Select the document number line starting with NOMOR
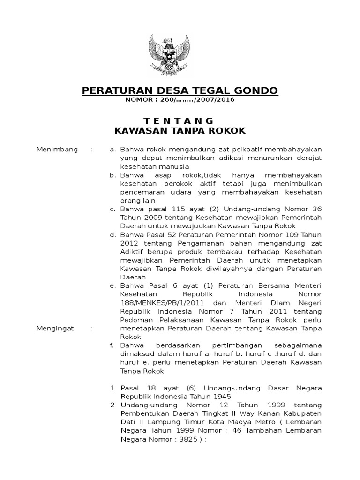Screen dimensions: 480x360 (x=180, y=100)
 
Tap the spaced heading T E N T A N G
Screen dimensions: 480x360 (x=180, y=121)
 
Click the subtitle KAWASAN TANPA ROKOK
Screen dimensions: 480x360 (x=180, y=131)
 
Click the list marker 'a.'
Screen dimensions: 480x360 (x=112, y=150)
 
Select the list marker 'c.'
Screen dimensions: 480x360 (x=112, y=209)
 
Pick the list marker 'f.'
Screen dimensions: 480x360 (x=112, y=345)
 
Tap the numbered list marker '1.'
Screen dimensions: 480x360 (x=112, y=388)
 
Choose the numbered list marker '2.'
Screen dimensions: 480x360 (x=112, y=405)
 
